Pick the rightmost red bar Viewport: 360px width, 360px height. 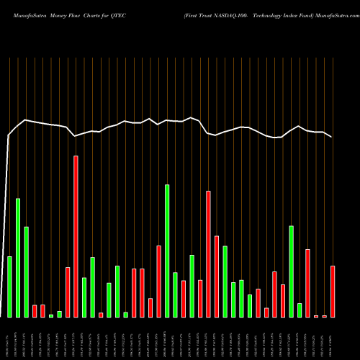(333, 291)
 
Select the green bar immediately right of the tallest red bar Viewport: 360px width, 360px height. (84, 297)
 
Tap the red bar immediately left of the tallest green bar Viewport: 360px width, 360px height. (158, 281)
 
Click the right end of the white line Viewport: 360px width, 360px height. (332, 137)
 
